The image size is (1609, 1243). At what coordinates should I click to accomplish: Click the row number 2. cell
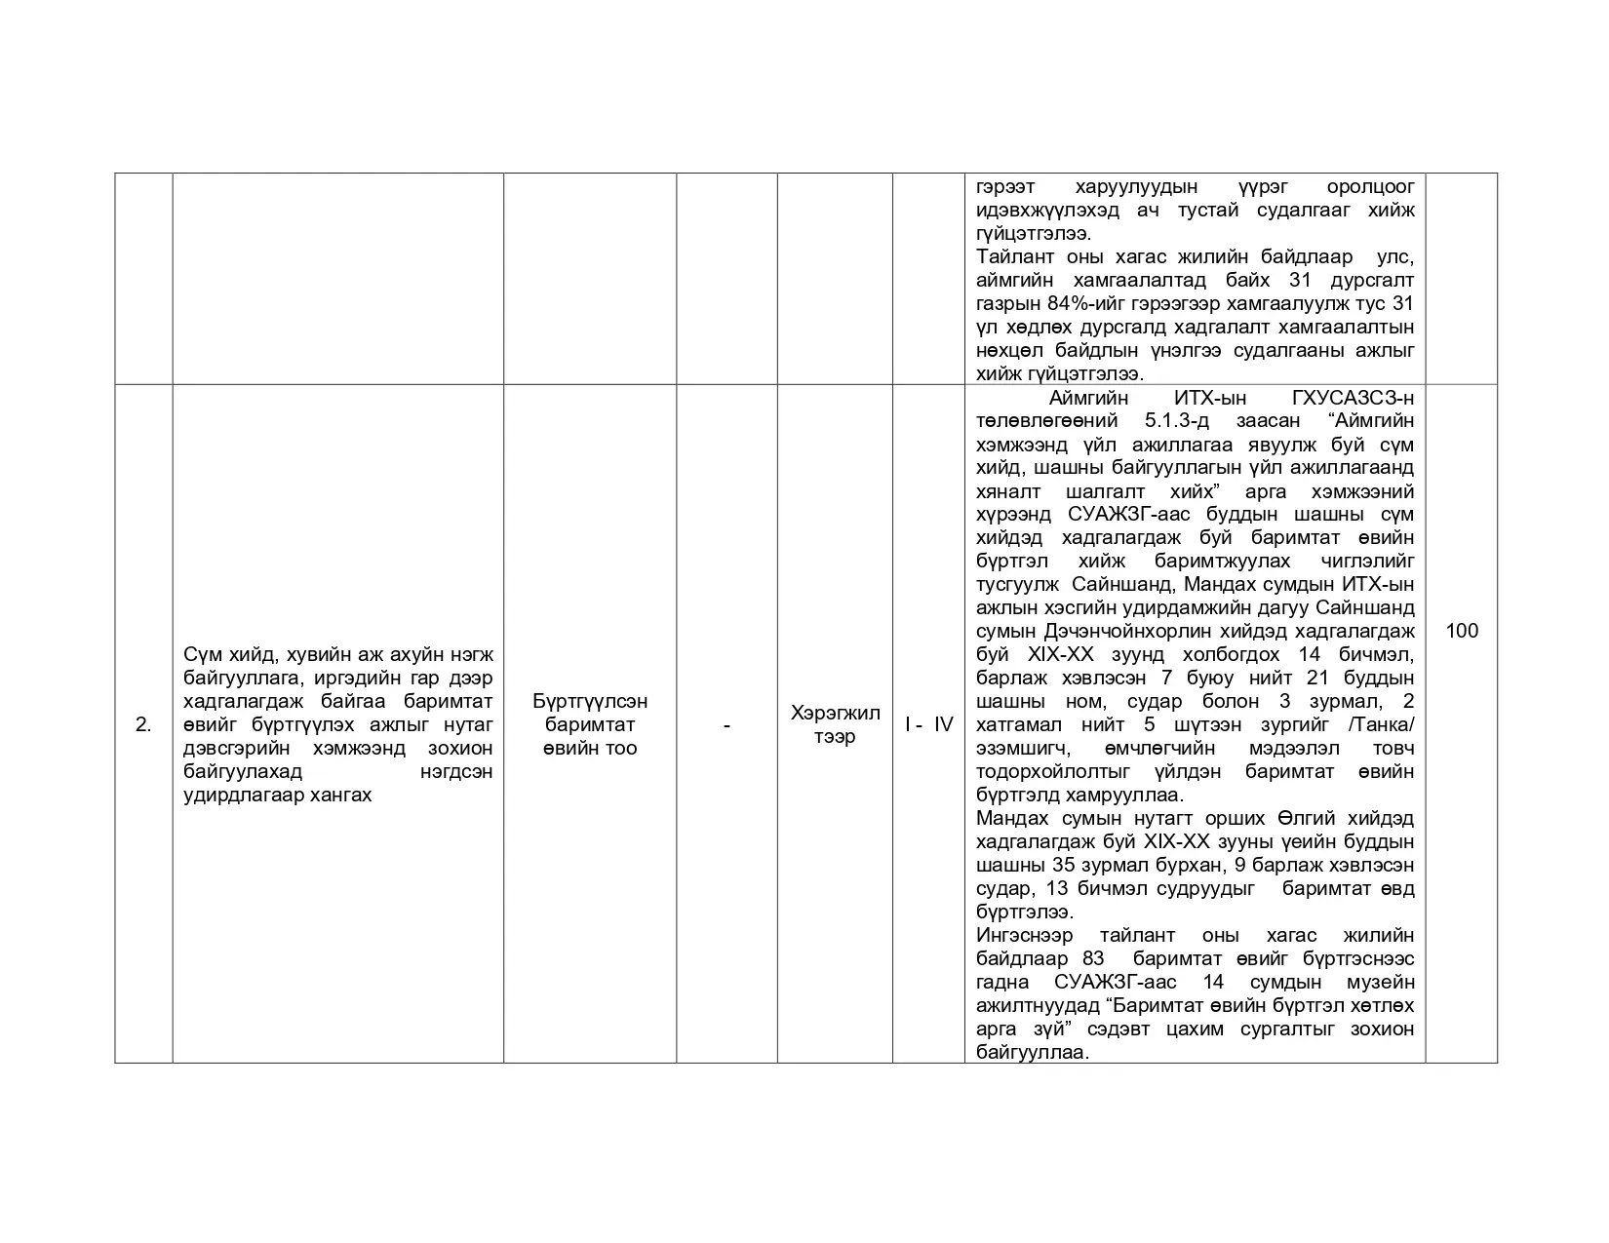[143, 724]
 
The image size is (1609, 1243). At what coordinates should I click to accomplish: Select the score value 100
[1461, 631]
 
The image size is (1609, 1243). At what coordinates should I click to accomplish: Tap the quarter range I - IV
[928, 724]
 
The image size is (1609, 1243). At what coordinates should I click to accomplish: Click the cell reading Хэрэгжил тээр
[835, 724]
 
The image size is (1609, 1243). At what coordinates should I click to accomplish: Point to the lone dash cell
[726, 724]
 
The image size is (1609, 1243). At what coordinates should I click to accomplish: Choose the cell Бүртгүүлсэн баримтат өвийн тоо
[590, 724]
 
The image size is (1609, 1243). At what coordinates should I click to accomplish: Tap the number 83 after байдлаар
[1093, 958]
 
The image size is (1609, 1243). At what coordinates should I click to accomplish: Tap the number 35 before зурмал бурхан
[1064, 865]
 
